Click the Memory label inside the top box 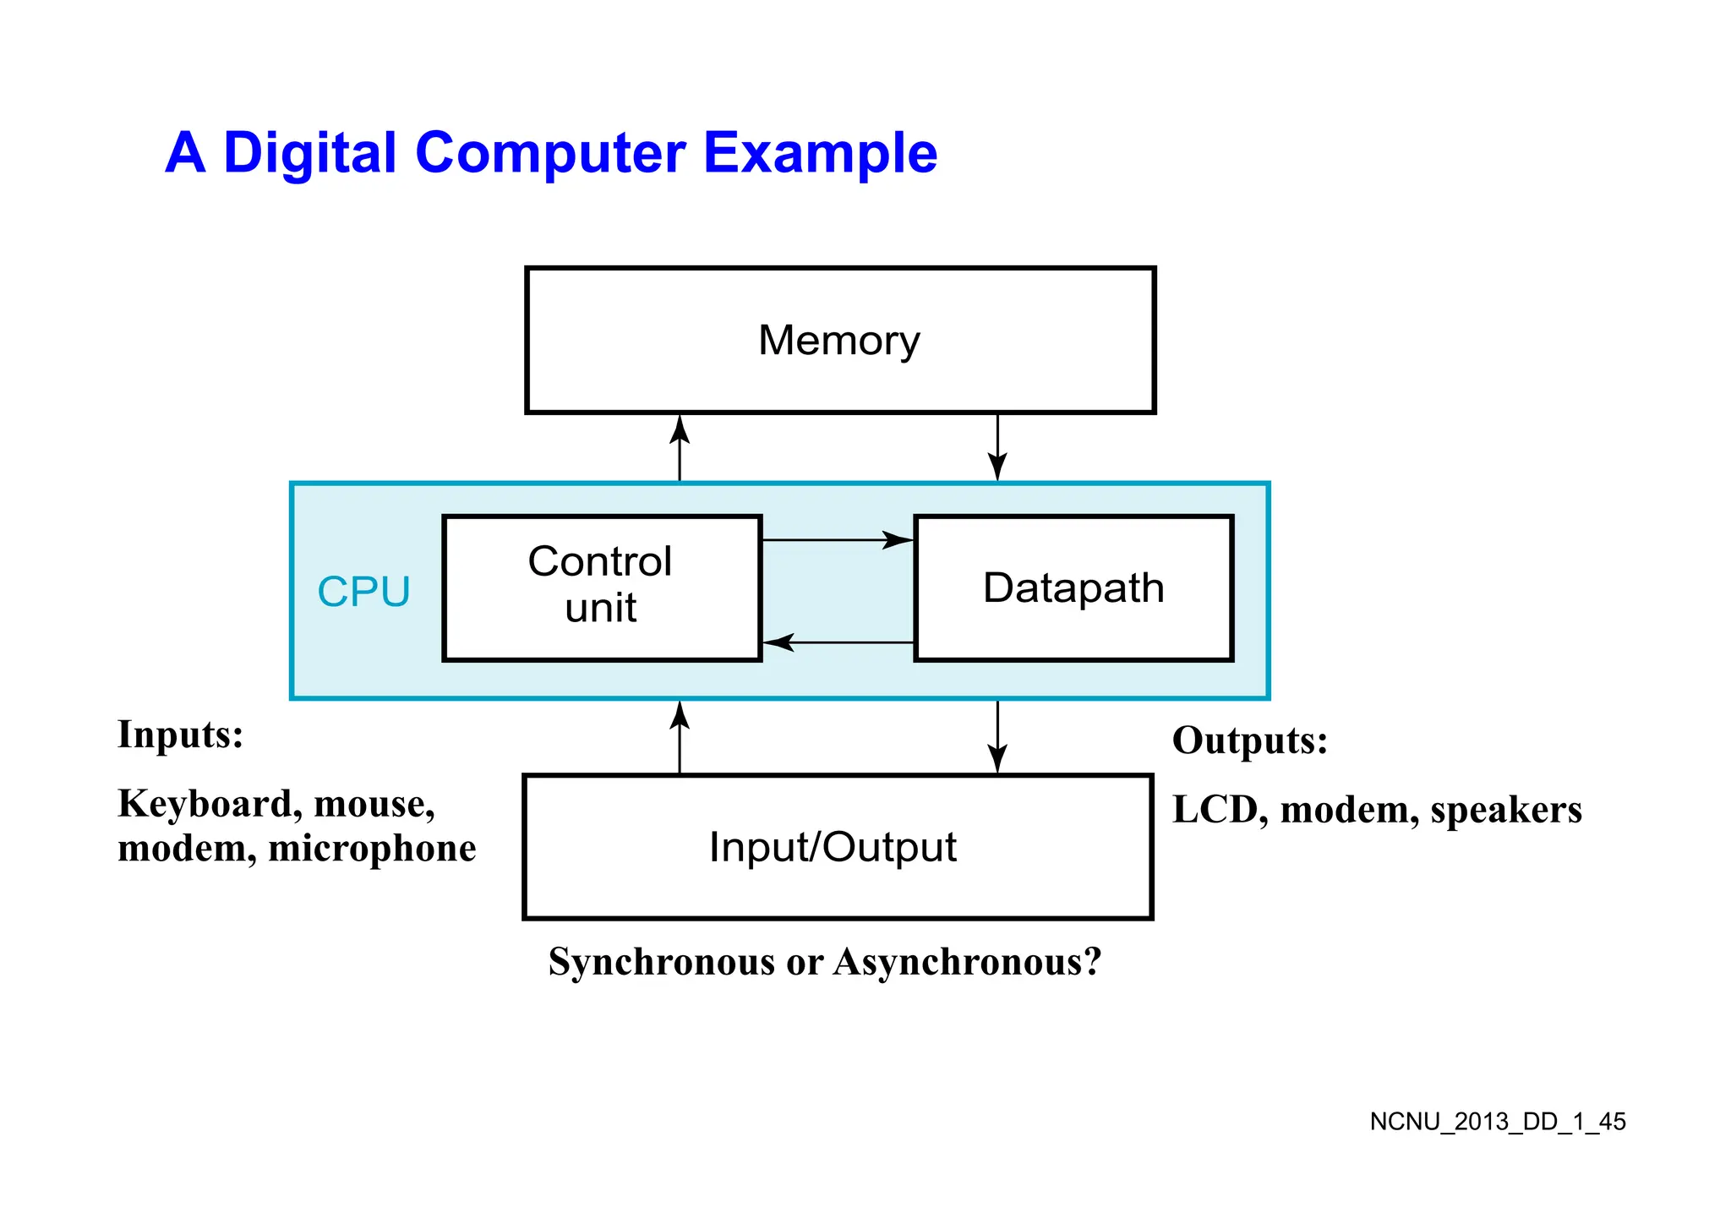pyautogui.click(x=838, y=341)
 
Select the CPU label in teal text pyautogui.click(x=363, y=592)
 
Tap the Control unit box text pyautogui.click(x=600, y=584)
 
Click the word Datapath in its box pyautogui.click(x=1073, y=588)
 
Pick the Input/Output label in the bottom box pyautogui.click(x=833, y=847)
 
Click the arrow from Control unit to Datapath pyautogui.click(x=837, y=539)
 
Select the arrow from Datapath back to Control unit pyautogui.click(x=837, y=642)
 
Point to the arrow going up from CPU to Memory pyautogui.click(x=680, y=448)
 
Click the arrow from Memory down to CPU pyautogui.click(x=997, y=448)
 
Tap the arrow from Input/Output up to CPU pyautogui.click(x=680, y=737)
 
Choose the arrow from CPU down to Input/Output pyautogui.click(x=997, y=737)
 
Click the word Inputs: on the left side pyautogui.click(x=180, y=734)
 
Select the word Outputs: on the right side pyautogui.click(x=1249, y=740)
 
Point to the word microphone pyautogui.click(x=372, y=849)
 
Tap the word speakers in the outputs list pyautogui.click(x=1505, y=810)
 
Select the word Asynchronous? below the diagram pyautogui.click(x=968, y=962)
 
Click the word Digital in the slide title pyautogui.click(x=309, y=153)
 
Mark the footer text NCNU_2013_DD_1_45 pyautogui.click(x=1497, y=1122)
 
